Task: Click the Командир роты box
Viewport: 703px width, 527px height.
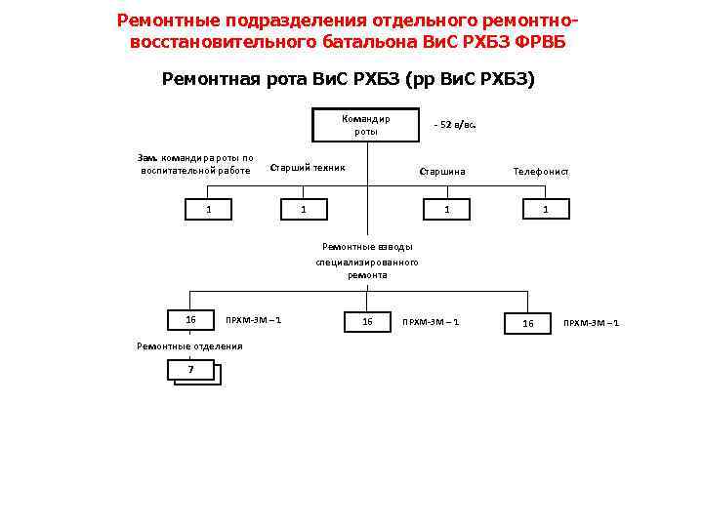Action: pyautogui.click(x=366, y=125)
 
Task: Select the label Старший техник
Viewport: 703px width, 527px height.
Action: pyautogui.click(x=307, y=167)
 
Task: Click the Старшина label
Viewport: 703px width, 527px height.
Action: pyautogui.click(x=442, y=172)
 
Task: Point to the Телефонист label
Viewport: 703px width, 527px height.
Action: pyautogui.click(x=541, y=172)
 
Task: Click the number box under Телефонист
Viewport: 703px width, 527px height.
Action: pyautogui.click(x=545, y=209)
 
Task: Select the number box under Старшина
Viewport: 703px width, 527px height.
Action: pyautogui.click(x=446, y=209)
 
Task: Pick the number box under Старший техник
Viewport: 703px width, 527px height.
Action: pyautogui.click(x=304, y=209)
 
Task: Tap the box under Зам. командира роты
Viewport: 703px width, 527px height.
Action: pyautogui.click(x=208, y=209)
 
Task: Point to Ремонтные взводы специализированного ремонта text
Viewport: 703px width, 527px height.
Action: pyautogui.click(x=367, y=261)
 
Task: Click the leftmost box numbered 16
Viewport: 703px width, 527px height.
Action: pyautogui.click(x=191, y=320)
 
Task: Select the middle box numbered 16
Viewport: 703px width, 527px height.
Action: pyautogui.click(x=367, y=321)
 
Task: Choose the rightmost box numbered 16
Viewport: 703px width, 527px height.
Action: pyautogui.click(x=528, y=322)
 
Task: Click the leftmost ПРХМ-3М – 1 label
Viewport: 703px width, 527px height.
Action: pyautogui.click(x=253, y=320)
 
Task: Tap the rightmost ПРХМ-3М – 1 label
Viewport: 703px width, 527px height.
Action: pyautogui.click(x=591, y=323)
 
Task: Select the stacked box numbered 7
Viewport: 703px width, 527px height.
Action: pyautogui.click(x=191, y=369)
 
